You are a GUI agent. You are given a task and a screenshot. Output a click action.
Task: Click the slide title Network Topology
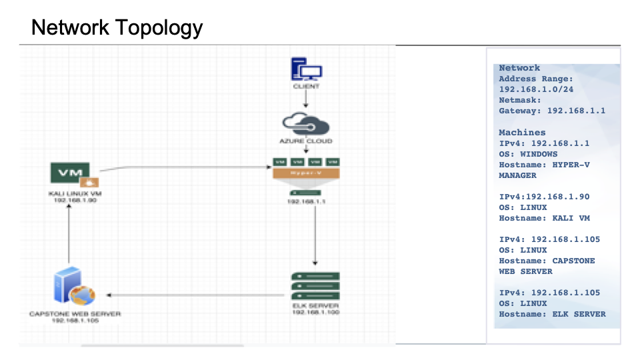tap(117, 28)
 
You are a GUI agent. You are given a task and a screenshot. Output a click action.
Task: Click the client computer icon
tap(306, 70)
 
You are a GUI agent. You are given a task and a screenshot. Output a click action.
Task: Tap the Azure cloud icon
tap(306, 124)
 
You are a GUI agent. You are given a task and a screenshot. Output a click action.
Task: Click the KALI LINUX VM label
tap(75, 193)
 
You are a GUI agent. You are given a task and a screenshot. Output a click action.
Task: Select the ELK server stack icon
tap(315, 286)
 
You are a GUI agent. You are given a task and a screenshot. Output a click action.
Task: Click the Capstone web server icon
tap(73, 286)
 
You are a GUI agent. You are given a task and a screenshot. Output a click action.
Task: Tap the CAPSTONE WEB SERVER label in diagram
tap(75, 313)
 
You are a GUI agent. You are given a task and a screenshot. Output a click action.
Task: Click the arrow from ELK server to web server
tap(193, 295)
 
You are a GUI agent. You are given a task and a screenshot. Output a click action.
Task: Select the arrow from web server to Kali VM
tap(68, 233)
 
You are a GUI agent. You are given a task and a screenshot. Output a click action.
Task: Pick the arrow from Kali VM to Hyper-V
tap(187, 167)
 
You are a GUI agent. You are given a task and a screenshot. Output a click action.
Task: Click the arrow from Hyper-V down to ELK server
tap(315, 233)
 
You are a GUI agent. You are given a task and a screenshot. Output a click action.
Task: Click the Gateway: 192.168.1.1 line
tap(552, 111)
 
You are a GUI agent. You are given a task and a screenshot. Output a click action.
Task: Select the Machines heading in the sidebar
tap(522, 133)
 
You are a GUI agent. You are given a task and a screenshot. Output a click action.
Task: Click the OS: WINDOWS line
tap(528, 154)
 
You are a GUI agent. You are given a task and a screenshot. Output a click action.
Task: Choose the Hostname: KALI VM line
tap(544, 218)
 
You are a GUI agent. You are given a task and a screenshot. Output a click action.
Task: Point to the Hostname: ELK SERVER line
tap(552, 314)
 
